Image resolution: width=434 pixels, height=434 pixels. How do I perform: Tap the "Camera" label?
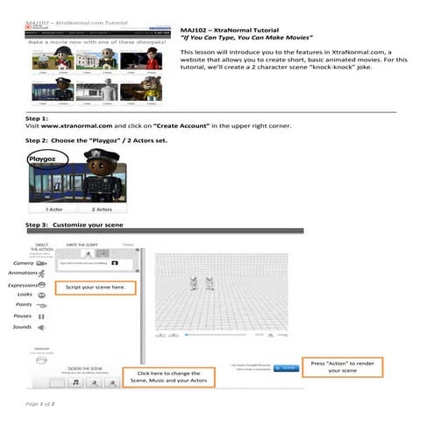[x=24, y=262]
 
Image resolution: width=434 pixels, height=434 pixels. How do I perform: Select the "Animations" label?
[x=22, y=274]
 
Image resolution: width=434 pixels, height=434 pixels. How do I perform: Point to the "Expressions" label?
[x=23, y=285]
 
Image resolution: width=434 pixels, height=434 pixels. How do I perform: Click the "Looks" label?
[x=24, y=295]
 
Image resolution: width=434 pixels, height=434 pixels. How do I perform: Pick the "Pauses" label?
[x=24, y=316]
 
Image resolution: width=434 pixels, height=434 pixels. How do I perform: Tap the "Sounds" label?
[x=23, y=327]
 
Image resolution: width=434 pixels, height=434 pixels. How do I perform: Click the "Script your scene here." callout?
[x=96, y=287]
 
